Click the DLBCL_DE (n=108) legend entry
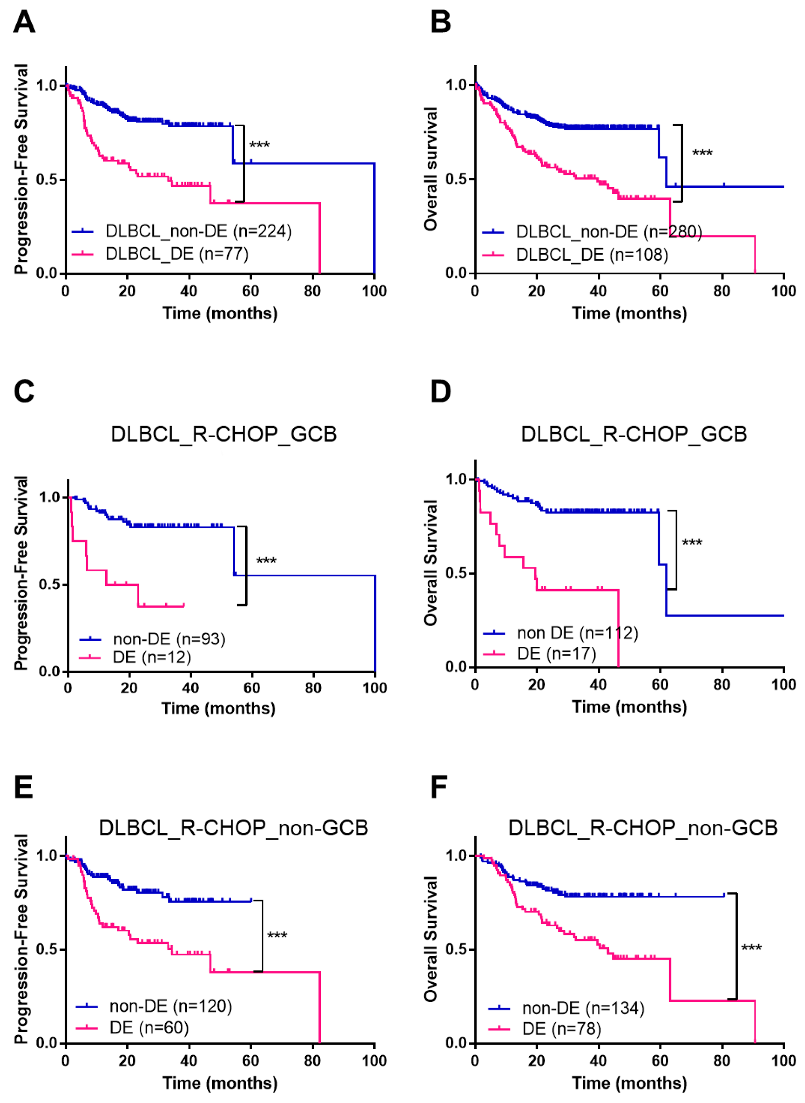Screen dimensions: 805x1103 pyautogui.click(x=575, y=254)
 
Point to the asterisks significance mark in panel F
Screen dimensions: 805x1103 pyautogui.click(x=751, y=948)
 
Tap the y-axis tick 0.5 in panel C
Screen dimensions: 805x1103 pyautogui.click(x=50, y=584)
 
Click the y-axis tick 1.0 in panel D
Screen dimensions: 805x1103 pyautogui.click(x=457, y=479)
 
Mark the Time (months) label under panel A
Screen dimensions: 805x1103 pyautogui.click(x=220, y=313)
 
